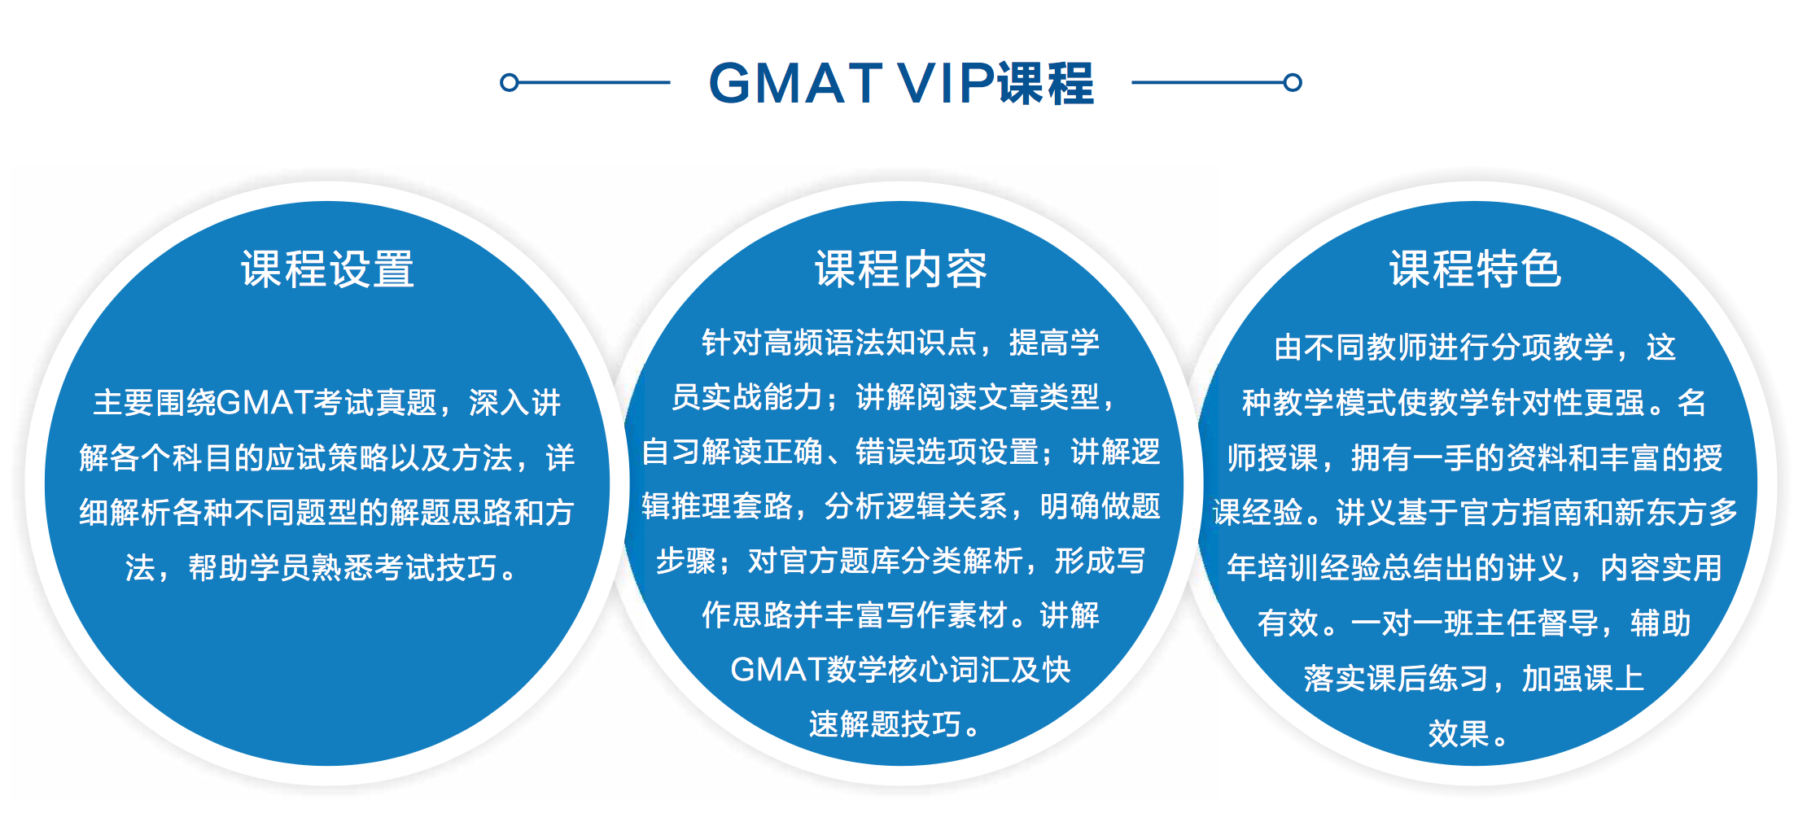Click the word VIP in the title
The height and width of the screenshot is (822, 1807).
(x=945, y=83)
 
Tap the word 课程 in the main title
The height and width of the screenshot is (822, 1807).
(x=1046, y=83)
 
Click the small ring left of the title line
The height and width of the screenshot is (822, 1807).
(x=509, y=82)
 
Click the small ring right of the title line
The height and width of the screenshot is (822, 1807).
(x=1293, y=82)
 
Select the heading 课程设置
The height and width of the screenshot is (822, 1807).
(x=327, y=269)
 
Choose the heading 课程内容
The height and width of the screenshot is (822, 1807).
(x=901, y=269)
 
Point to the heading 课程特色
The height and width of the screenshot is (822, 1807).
(x=1475, y=269)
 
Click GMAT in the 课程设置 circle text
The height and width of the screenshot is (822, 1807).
(x=265, y=402)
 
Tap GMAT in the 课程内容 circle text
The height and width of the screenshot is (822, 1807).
(x=778, y=670)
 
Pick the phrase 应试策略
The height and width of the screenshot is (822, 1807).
(x=326, y=457)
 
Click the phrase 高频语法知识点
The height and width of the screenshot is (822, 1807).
(x=870, y=343)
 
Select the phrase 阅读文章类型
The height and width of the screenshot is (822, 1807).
(x=1008, y=397)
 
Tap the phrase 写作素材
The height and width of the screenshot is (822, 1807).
(x=947, y=615)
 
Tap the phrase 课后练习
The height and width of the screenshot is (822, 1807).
(x=1428, y=678)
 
